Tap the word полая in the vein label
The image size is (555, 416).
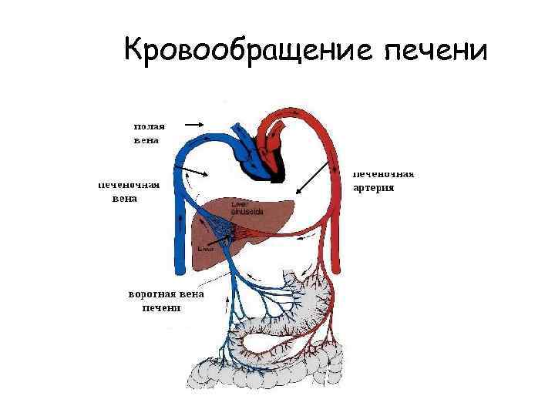[149, 126]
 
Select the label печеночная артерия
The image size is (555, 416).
[383, 180]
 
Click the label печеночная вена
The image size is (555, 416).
[129, 191]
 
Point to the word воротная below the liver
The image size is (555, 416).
[153, 294]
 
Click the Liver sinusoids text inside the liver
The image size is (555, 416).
[247, 207]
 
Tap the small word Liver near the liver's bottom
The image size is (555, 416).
[205, 249]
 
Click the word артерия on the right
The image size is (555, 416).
[374, 187]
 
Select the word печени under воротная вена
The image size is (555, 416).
[161, 308]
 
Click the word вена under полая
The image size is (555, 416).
[146, 140]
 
